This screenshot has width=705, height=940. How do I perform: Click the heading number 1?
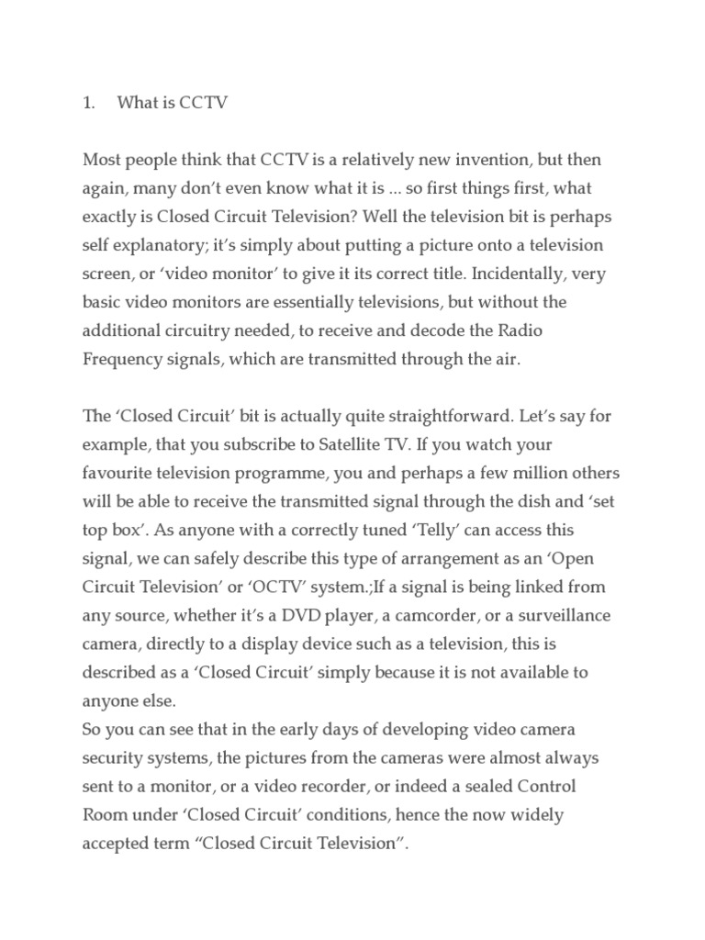click(88, 104)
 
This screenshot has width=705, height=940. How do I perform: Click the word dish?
click(532, 501)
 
